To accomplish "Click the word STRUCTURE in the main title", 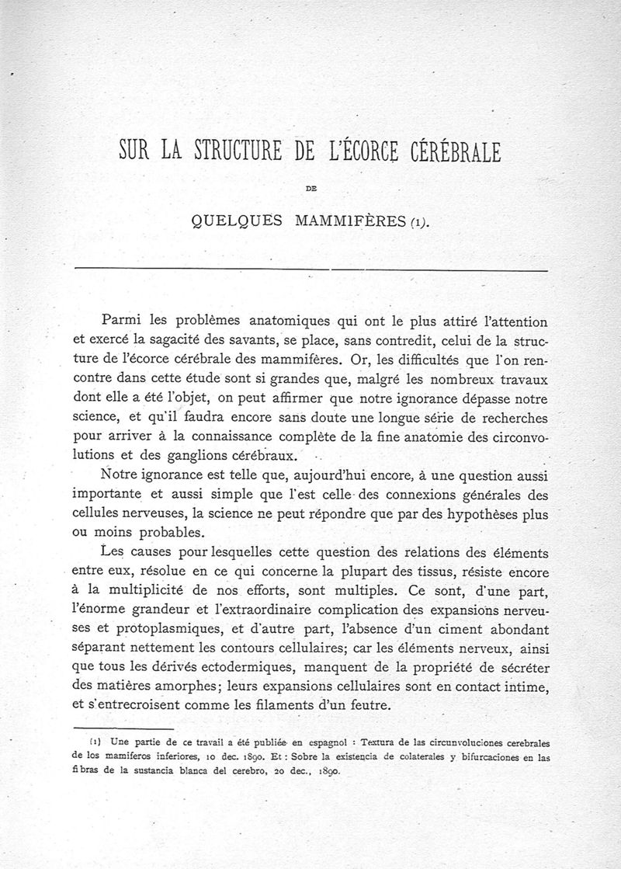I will pos(238,148).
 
